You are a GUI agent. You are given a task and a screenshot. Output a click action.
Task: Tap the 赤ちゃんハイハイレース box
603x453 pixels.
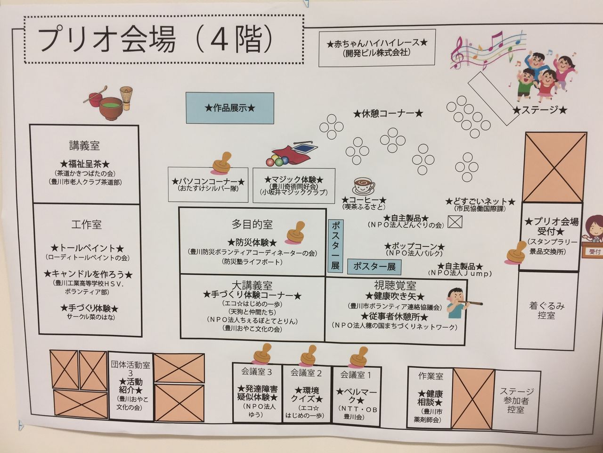[377, 47]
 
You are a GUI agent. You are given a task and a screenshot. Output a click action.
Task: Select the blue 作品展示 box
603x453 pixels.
[230, 108]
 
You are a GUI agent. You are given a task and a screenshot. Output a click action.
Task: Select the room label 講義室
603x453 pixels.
[84, 146]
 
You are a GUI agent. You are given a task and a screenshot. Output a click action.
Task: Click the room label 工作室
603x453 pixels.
[86, 225]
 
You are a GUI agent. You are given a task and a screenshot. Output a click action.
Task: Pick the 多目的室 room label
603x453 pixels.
[252, 224]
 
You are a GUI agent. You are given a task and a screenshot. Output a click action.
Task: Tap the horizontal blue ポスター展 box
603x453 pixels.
[375, 267]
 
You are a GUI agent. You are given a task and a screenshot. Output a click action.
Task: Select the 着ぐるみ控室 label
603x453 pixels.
[546, 310]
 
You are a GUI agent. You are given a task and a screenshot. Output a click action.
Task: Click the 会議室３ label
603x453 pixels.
[257, 372]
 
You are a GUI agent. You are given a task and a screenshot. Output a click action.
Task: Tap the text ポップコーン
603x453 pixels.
[415, 247]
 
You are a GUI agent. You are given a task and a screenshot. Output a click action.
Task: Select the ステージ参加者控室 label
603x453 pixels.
[517, 401]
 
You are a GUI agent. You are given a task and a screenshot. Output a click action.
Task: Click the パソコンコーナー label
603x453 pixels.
[208, 182]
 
